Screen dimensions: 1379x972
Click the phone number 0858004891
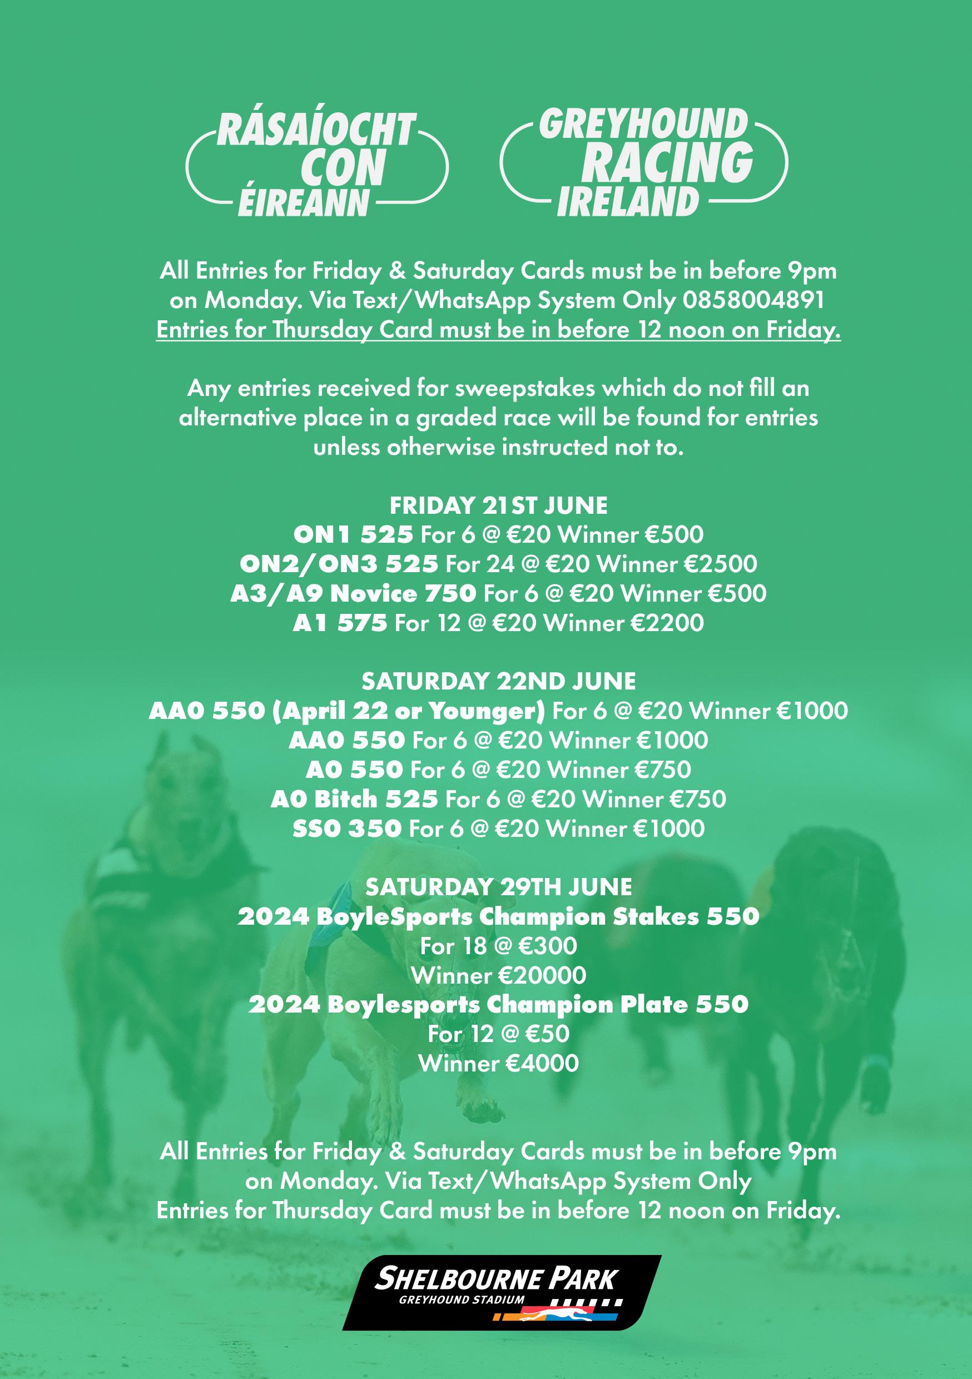pyautogui.click(x=753, y=300)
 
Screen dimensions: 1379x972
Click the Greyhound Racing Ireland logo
pyautogui.click(x=643, y=163)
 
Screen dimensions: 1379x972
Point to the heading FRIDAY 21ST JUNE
pyautogui.click(x=498, y=505)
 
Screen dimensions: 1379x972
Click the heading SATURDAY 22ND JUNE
pyautogui.click(x=498, y=681)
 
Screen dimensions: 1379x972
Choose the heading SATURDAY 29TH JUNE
pyautogui.click(x=498, y=887)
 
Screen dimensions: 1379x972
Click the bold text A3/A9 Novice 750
pyautogui.click(x=353, y=594)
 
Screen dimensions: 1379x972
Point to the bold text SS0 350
pyautogui.click(x=346, y=829)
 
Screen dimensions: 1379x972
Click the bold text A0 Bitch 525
pyautogui.click(x=354, y=800)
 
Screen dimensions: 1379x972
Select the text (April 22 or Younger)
pyautogui.click(x=408, y=711)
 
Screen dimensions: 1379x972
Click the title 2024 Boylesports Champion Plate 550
pyautogui.click(x=498, y=1005)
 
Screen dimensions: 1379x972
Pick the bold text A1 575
pyautogui.click(x=340, y=623)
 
